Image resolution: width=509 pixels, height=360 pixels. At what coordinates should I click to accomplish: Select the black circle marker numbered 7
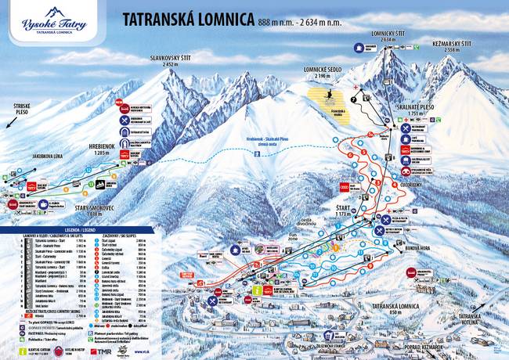point(355,99)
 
